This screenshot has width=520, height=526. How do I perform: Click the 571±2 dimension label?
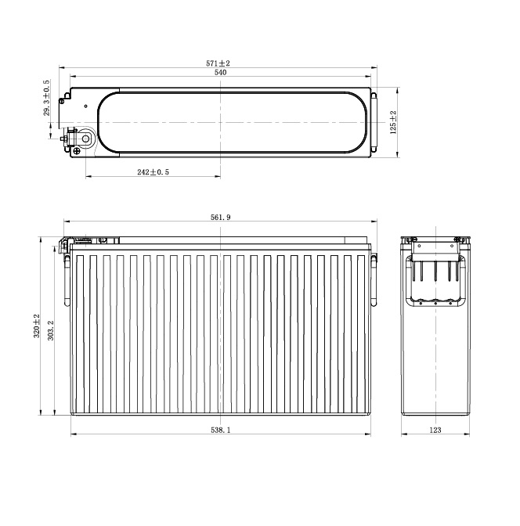point(218,63)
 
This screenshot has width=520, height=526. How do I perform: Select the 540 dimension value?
point(220,73)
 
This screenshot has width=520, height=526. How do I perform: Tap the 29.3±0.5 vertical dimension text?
point(46,98)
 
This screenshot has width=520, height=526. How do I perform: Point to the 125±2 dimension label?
point(393,122)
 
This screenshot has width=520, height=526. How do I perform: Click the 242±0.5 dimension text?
point(153,172)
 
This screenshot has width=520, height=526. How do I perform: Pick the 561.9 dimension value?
point(221,218)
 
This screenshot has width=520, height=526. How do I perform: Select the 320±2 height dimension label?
point(37,326)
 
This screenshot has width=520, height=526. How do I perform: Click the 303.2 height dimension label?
point(51,330)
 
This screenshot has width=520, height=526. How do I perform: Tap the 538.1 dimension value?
point(221,430)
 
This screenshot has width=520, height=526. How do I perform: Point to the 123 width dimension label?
point(435,430)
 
